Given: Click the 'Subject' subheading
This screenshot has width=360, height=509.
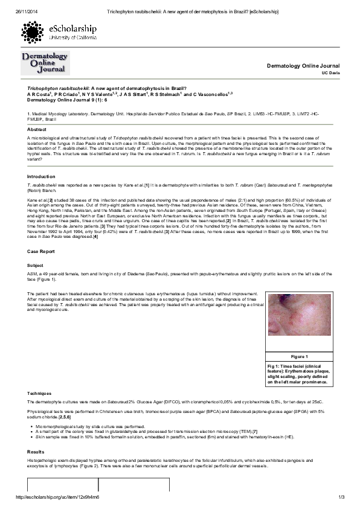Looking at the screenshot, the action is (x=35, y=265).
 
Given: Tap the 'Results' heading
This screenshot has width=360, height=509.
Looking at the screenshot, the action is (x=36, y=451).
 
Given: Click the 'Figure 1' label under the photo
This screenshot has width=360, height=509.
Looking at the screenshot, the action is (x=300, y=357).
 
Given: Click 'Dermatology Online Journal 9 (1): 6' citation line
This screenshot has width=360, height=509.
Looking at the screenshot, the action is (x=67, y=101).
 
